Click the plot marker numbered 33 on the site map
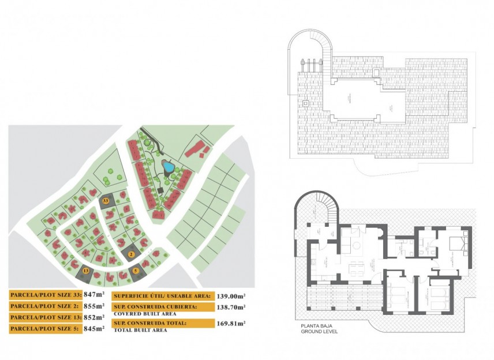coord(105,200)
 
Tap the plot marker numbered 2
coord(131,254)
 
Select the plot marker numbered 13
coord(86,270)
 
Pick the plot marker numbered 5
coord(136,270)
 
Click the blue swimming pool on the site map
coord(168,167)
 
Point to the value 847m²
coord(94,294)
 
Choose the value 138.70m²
coord(231,307)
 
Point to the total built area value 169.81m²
coord(231,324)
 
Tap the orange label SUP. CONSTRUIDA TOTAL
coord(150,323)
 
